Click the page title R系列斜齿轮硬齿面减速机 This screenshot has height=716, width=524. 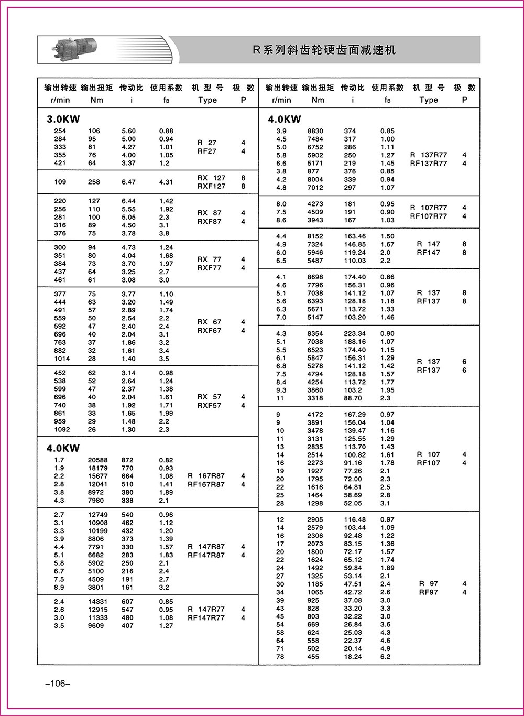(x=324, y=50)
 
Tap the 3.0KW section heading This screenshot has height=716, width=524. (x=63, y=119)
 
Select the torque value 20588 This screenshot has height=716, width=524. (x=98, y=460)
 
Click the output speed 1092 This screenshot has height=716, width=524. (x=62, y=430)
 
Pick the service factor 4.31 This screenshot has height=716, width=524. (x=166, y=182)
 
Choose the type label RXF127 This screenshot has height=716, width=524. (x=211, y=186)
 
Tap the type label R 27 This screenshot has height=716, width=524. (x=207, y=143)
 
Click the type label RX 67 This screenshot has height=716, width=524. (x=209, y=322)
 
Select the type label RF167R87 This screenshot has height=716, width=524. (x=206, y=484)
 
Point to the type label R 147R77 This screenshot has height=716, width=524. (x=206, y=609)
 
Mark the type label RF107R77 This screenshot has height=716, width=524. (x=428, y=216)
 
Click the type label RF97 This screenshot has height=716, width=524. (x=428, y=592)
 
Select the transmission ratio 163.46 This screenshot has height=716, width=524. (x=355, y=236)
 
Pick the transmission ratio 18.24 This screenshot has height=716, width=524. (x=353, y=657)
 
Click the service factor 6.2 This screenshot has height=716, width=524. (x=385, y=657)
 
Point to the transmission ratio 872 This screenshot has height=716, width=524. (x=127, y=460)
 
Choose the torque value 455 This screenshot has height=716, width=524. (x=313, y=657)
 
